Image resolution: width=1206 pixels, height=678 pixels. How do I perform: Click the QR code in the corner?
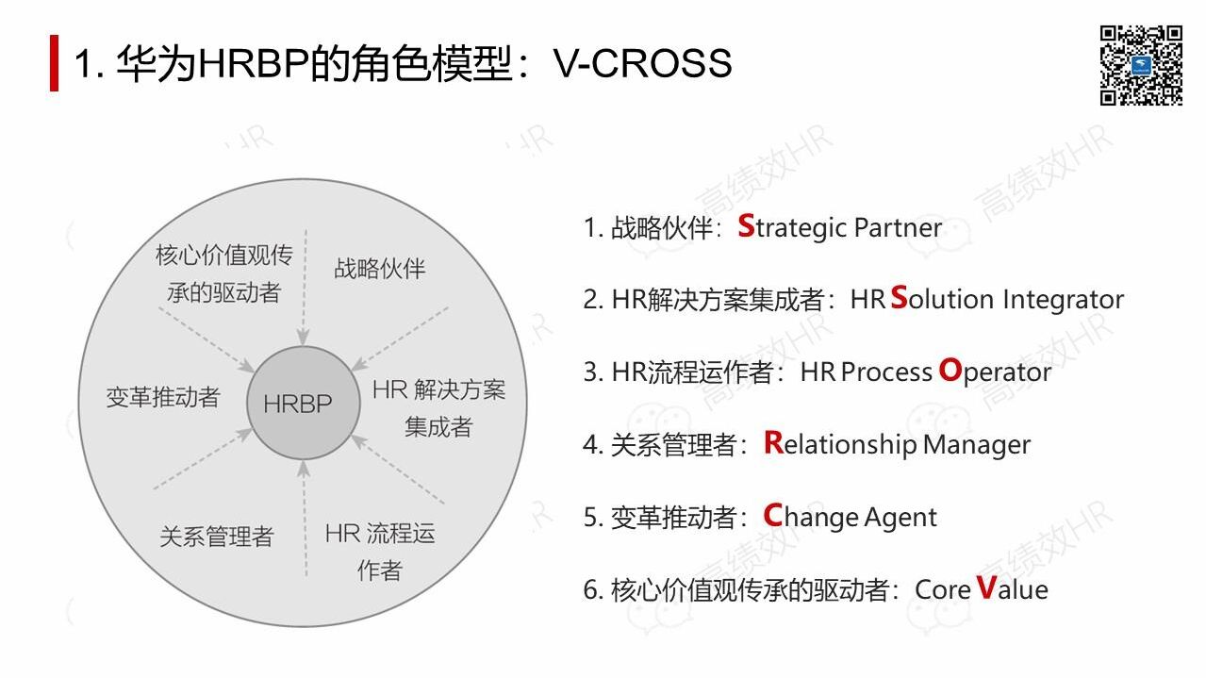click(1140, 64)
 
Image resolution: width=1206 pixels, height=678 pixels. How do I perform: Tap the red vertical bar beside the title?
click(55, 63)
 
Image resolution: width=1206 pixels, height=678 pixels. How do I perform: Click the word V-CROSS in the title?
click(643, 63)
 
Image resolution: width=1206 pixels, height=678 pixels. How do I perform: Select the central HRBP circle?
click(298, 404)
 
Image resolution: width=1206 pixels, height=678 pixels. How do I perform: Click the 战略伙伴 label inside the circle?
click(379, 269)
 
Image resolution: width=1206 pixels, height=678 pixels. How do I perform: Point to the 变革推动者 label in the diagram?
click(162, 397)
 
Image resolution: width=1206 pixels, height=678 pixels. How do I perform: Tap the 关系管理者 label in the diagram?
click(216, 537)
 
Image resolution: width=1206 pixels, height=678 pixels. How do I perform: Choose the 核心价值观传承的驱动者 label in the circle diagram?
click(223, 273)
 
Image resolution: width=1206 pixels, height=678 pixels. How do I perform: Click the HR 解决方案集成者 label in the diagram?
click(438, 407)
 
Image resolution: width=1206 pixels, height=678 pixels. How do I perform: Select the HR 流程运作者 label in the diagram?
click(380, 552)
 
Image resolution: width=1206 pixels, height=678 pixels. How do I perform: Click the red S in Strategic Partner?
click(746, 226)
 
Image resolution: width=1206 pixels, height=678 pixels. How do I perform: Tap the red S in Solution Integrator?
click(899, 298)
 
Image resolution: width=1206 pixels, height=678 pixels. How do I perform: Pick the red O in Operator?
click(950, 371)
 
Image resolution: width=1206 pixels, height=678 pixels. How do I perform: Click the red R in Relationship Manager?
click(773, 442)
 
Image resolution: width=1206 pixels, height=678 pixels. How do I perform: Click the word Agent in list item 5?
click(903, 517)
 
